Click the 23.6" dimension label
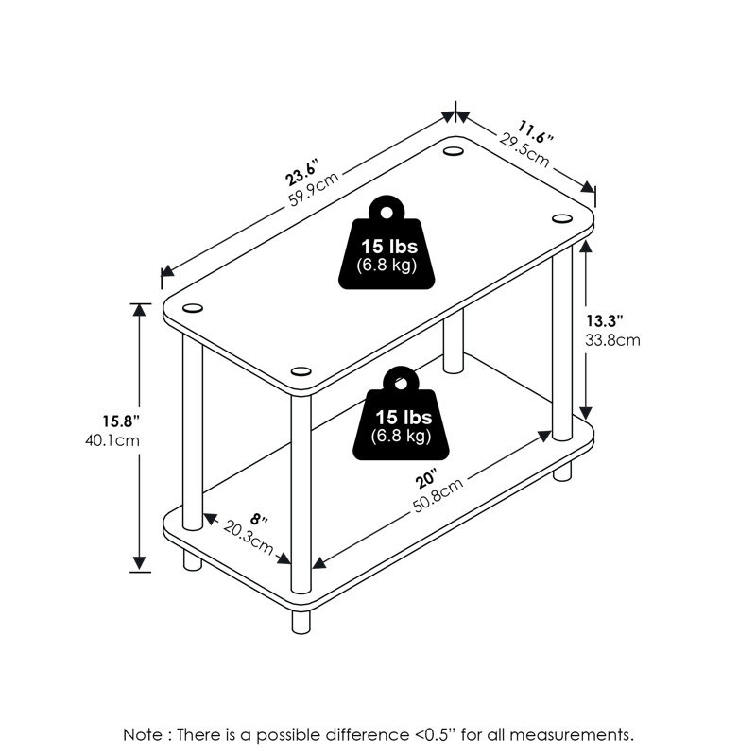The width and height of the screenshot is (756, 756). pyautogui.click(x=302, y=172)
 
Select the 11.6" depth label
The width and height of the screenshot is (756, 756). pyautogui.click(x=536, y=131)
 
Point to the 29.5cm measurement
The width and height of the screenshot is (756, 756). pyautogui.click(x=524, y=150)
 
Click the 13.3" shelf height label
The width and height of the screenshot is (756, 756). pyautogui.click(x=605, y=320)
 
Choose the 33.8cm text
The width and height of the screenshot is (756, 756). pyautogui.click(x=612, y=340)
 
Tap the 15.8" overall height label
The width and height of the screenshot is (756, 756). pyautogui.click(x=121, y=421)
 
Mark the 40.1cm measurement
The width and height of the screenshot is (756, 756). pyautogui.click(x=112, y=440)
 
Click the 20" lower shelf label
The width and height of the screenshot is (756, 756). pyautogui.click(x=426, y=480)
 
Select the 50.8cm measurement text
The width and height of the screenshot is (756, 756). pyautogui.click(x=438, y=495)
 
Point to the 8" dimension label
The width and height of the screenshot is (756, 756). pyautogui.click(x=259, y=520)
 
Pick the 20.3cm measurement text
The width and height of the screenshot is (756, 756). pyautogui.click(x=249, y=538)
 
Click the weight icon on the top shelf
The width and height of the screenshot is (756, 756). pyautogui.click(x=387, y=243)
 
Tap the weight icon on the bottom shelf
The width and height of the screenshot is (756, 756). pyautogui.click(x=401, y=414)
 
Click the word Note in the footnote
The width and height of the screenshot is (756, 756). pyautogui.click(x=143, y=735)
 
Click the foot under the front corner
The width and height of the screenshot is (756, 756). pyautogui.click(x=301, y=622)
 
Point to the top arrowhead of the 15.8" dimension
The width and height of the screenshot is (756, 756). pyautogui.click(x=139, y=310)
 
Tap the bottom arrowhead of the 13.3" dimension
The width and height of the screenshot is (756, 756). pyautogui.click(x=585, y=413)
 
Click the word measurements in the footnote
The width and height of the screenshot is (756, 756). pyautogui.click(x=572, y=735)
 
